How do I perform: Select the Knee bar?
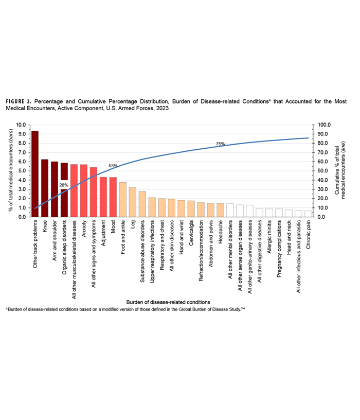coord(45,188)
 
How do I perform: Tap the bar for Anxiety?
coord(84,190)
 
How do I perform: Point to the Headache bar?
coord(220,210)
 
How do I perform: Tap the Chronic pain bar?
coord(308,214)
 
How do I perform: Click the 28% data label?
coord(64,185)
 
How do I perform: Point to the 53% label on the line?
coord(113,166)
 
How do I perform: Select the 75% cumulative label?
coord(220,144)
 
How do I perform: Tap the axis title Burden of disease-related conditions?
coord(168,302)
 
